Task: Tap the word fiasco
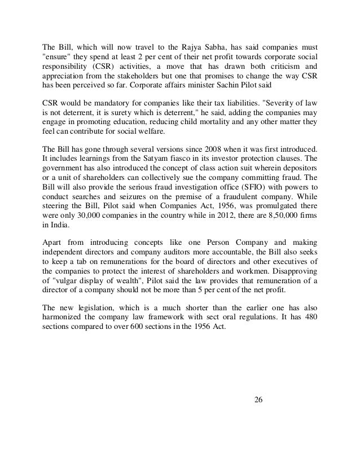[168, 159]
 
